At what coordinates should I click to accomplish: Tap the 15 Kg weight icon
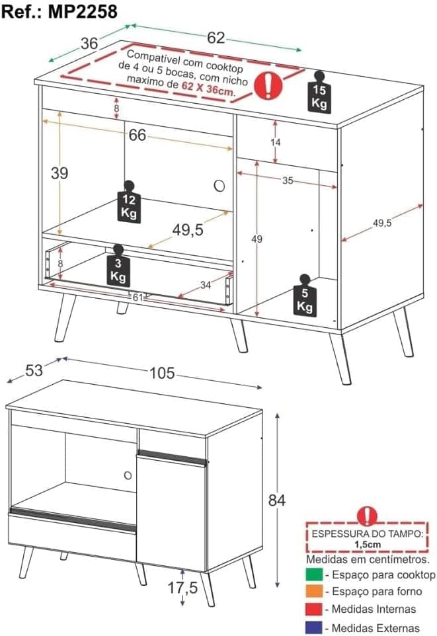(320, 93)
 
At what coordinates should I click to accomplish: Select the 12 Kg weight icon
(129, 202)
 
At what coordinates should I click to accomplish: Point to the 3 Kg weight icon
(118, 266)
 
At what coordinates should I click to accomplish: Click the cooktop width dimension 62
(216, 38)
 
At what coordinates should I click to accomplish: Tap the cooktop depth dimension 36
(89, 43)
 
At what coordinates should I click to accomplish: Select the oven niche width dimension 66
(137, 135)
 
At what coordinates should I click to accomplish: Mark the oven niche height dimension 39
(60, 173)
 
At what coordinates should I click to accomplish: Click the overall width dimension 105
(162, 374)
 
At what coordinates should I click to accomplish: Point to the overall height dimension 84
(276, 500)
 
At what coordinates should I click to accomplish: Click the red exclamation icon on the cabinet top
(268, 85)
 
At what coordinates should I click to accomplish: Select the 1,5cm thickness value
(367, 544)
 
